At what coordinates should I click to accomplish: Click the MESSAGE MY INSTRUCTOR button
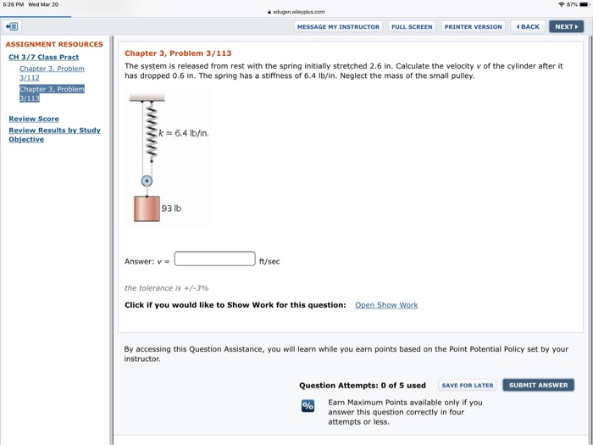(338, 26)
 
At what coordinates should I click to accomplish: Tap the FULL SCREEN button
(412, 26)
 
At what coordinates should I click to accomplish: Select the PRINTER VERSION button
(473, 26)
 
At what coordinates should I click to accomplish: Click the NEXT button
(565, 26)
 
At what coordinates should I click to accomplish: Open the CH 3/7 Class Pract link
(43, 57)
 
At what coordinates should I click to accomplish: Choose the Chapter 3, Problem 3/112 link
(51, 73)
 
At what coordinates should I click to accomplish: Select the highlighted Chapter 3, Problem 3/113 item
(52, 93)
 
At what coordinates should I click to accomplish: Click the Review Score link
(34, 120)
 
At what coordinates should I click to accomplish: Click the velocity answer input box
(214, 259)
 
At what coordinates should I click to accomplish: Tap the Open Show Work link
(386, 305)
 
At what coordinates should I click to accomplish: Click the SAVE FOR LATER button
(467, 385)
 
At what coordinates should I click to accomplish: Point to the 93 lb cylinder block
(147, 209)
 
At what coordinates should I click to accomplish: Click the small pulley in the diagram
(147, 181)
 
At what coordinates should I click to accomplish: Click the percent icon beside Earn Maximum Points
(308, 406)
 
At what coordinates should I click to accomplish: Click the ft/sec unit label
(269, 261)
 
